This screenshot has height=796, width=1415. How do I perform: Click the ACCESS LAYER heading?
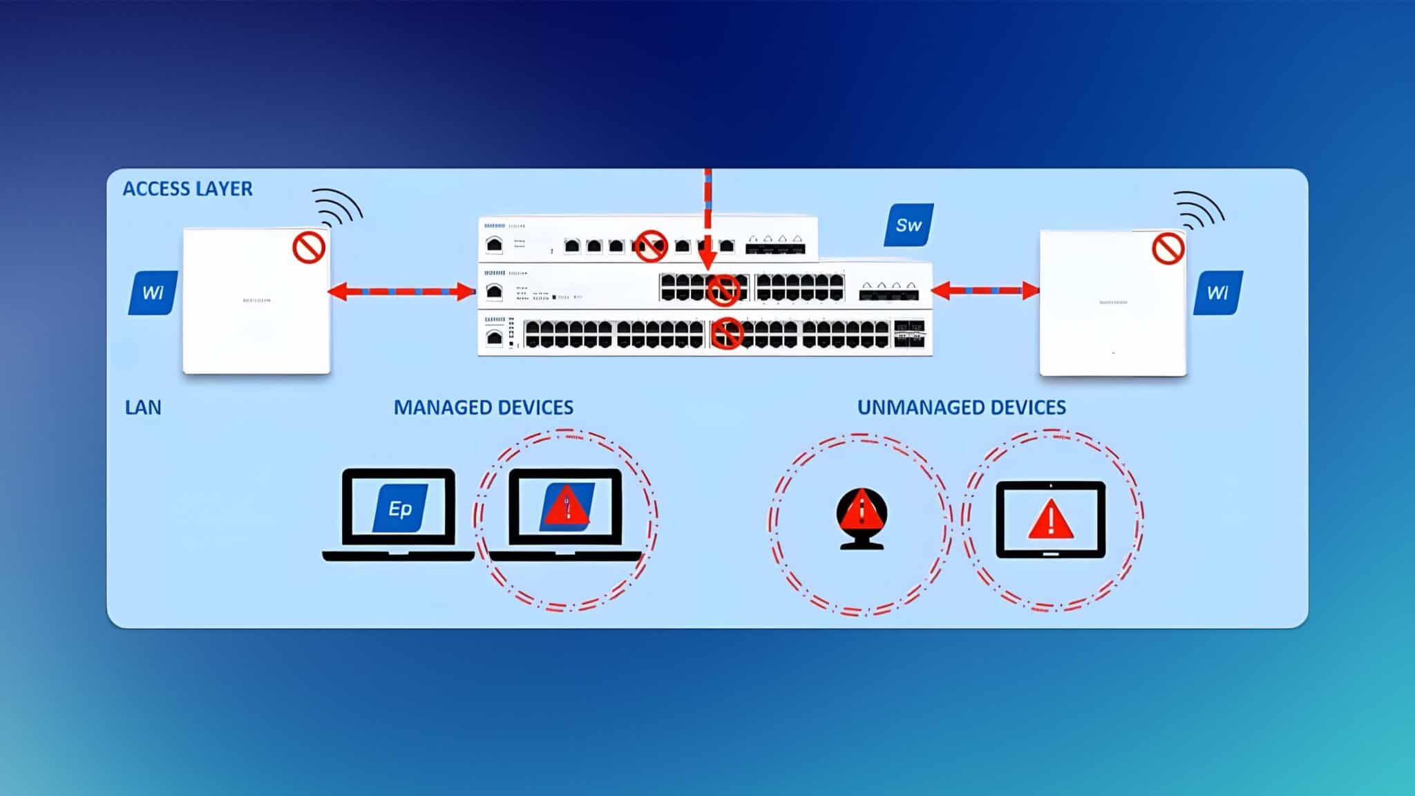click(x=187, y=189)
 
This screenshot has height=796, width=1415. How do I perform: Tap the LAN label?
click(x=143, y=407)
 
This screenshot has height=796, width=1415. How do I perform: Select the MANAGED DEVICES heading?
click(x=483, y=407)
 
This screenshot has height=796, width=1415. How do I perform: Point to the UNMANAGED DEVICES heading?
click(x=961, y=407)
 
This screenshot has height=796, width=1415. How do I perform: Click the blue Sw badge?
click(x=909, y=225)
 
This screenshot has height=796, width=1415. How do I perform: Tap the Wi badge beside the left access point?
click(x=153, y=293)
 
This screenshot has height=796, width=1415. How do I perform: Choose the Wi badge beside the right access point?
click(x=1217, y=293)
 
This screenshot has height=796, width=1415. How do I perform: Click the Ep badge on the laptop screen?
click(x=400, y=509)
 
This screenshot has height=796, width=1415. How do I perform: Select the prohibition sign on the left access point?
click(x=309, y=247)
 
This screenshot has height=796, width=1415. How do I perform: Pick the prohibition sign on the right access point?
click(x=1168, y=248)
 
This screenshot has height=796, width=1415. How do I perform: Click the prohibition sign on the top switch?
click(x=650, y=246)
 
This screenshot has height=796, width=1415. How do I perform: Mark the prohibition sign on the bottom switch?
click(x=726, y=333)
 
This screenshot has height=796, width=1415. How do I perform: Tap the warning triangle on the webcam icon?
click(x=862, y=512)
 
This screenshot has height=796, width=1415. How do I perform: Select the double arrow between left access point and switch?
click(x=401, y=292)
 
